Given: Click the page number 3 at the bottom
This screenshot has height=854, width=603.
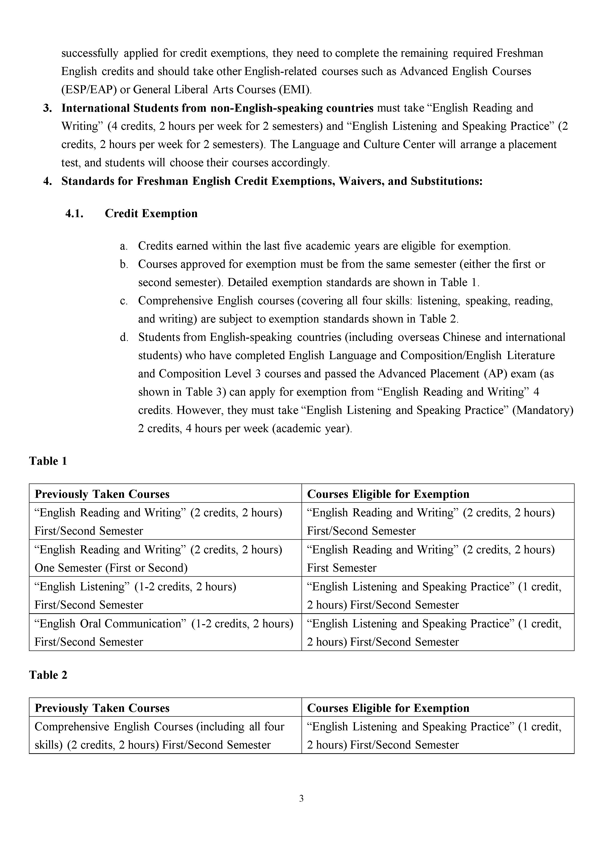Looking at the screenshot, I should tap(301, 798).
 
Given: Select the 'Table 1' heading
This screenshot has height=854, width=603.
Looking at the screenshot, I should tap(48, 461).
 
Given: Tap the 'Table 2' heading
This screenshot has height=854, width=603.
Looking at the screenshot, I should tap(48, 675).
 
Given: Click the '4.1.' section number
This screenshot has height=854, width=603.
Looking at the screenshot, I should tap(74, 213).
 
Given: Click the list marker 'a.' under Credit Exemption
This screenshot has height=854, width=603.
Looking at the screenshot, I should tap(124, 246).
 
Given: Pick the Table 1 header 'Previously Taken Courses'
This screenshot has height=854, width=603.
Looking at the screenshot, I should tap(102, 494).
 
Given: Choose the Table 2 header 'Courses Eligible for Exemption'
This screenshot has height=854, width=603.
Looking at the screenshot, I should tap(388, 708).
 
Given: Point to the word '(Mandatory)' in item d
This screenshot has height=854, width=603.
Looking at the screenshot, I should tap(543, 410).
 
